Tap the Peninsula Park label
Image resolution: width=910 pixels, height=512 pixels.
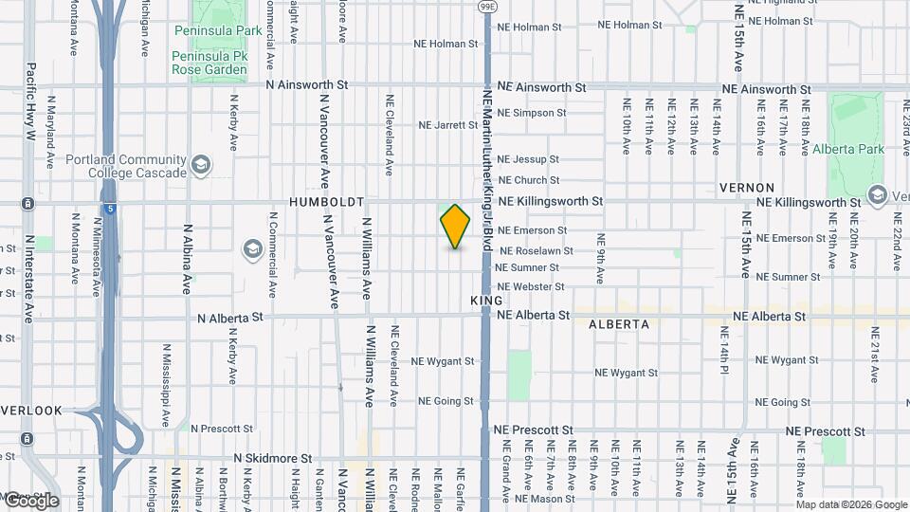click(217, 30)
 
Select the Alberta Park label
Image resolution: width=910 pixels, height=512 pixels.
click(848, 149)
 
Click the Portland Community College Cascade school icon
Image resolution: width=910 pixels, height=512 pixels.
click(200, 165)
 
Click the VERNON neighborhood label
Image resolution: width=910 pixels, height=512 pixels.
click(747, 188)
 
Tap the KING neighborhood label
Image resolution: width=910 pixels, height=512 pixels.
click(486, 300)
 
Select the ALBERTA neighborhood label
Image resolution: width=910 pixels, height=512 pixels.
click(619, 323)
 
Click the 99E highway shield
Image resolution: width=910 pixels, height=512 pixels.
click(487, 6)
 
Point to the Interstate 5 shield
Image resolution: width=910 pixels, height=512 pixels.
click(111, 209)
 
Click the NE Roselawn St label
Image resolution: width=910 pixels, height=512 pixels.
click(536, 250)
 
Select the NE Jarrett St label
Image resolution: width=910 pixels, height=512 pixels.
click(448, 124)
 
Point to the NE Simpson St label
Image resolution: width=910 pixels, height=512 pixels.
click(531, 112)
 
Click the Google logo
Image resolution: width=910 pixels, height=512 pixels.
click(30, 501)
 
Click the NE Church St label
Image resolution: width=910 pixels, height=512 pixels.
click(529, 179)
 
